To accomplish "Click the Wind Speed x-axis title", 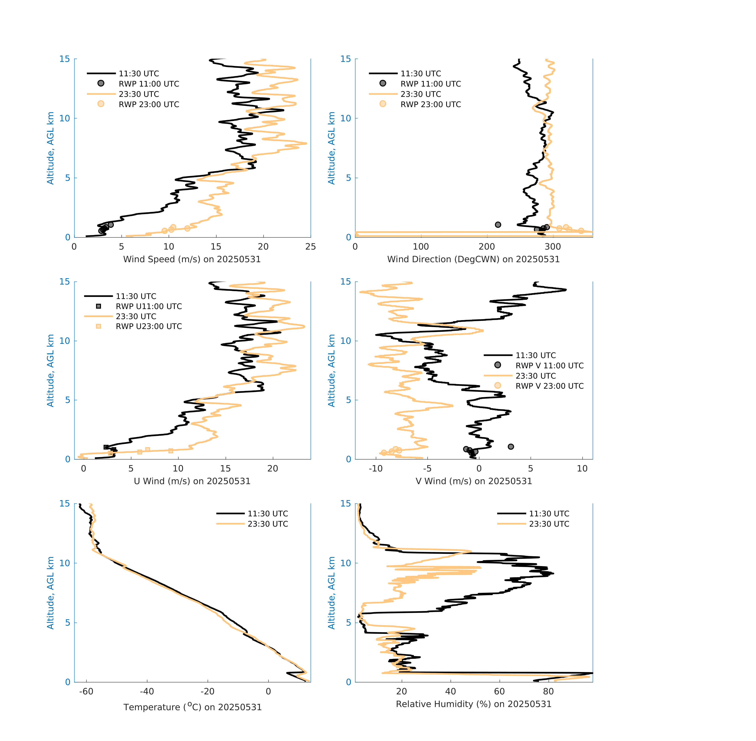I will (x=192, y=259).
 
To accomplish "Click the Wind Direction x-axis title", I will (x=473, y=259).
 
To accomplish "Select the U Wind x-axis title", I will (x=192, y=481).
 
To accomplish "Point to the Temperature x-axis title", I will (x=192, y=707).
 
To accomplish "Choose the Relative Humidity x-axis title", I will (x=473, y=704).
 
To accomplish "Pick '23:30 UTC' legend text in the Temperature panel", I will (x=268, y=524).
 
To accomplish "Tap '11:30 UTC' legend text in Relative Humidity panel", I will (x=549, y=514).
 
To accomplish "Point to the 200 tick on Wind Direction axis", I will (x=487, y=247).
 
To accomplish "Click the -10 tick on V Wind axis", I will (x=376, y=469).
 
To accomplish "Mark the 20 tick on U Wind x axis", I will (x=273, y=469).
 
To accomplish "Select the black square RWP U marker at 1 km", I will (x=106, y=447).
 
